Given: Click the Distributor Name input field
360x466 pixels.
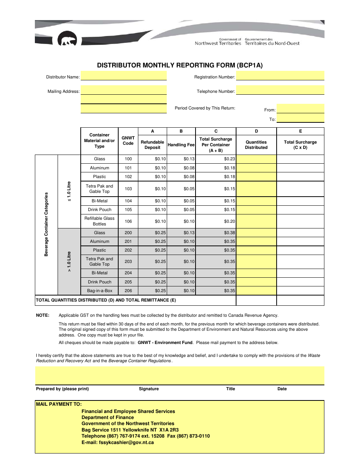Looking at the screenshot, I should (x=124, y=76).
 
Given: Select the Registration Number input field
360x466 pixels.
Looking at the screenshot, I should (x=280, y=76).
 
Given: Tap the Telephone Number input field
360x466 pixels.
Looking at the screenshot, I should (x=280, y=90).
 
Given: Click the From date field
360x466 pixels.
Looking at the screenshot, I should (x=300, y=108).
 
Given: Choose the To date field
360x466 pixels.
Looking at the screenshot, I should (x=300, y=118).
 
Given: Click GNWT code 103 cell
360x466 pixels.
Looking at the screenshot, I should (x=128, y=189).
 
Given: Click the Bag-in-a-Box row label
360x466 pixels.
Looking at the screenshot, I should (x=99, y=291).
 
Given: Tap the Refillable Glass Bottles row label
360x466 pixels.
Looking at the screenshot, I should (x=99, y=221).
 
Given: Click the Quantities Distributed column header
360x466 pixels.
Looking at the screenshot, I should (x=256, y=145).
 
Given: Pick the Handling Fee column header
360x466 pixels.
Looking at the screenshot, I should (x=181, y=145).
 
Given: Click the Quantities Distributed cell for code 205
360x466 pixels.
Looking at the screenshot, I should (x=256, y=282).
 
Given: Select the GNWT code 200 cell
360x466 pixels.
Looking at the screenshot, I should (x=128, y=233).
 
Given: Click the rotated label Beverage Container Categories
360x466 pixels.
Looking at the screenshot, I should (x=46, y=224).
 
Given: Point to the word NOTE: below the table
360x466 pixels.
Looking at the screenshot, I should (x=42, y=315).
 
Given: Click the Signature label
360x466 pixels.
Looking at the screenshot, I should (x=149, y=389).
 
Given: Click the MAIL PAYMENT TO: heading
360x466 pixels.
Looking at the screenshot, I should (x=59, y=404).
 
